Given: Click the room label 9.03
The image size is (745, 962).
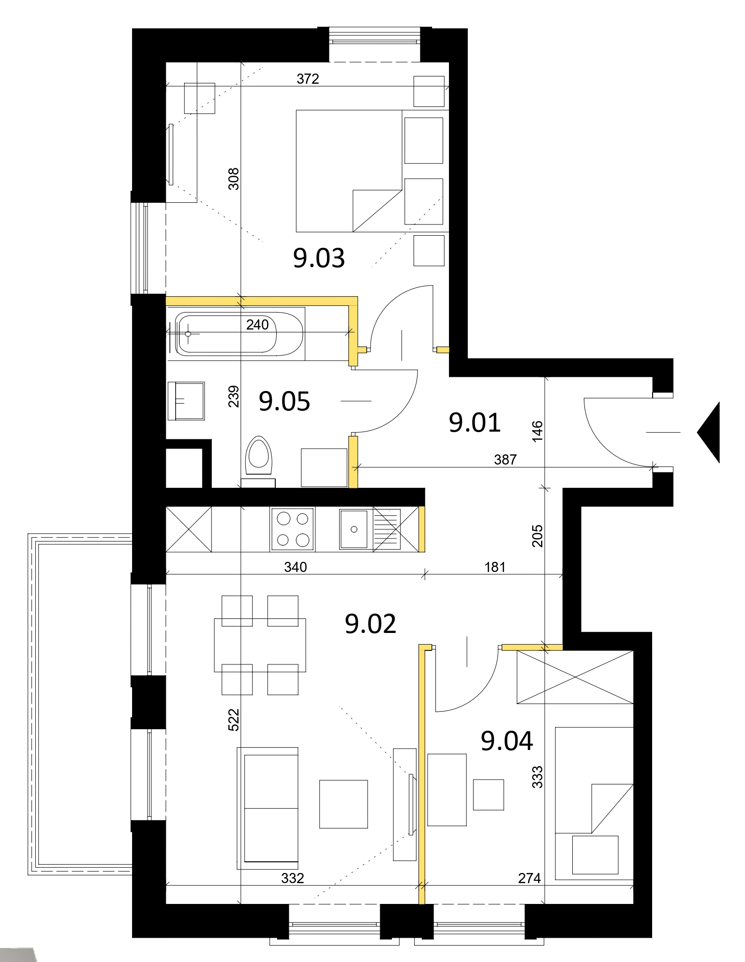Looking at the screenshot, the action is coord(319,258).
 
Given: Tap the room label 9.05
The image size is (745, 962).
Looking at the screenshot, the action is coord(284,401).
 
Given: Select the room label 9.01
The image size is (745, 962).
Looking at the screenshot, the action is coord(475,422).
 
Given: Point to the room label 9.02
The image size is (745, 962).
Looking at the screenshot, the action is coord(371,624).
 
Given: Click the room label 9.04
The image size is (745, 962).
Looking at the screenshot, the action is coord(507,741).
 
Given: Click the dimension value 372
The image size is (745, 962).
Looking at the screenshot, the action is coord(308,79).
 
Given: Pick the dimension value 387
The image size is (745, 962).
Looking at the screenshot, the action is coord(506,459).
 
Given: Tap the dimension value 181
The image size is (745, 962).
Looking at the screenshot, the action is coord(495,567).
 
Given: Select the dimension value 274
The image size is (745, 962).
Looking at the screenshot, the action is coord(529,878).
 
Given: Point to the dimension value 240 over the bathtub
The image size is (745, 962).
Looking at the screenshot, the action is coord(257,325).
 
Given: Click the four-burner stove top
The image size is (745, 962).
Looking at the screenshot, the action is coord(293,529).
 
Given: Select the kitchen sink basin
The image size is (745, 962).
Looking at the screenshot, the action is coord(354,529).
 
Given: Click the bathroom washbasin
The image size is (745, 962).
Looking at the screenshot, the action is coord(186,401).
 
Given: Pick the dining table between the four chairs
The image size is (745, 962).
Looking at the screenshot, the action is coord(260,645).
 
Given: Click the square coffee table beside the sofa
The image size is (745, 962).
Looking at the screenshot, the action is coord(343,804).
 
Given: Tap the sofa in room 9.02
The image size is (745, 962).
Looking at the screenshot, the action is coord(268,807).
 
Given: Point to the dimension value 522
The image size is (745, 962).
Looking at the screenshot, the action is coord(234,719).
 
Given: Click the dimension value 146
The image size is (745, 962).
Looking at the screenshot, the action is coord(537,431).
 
